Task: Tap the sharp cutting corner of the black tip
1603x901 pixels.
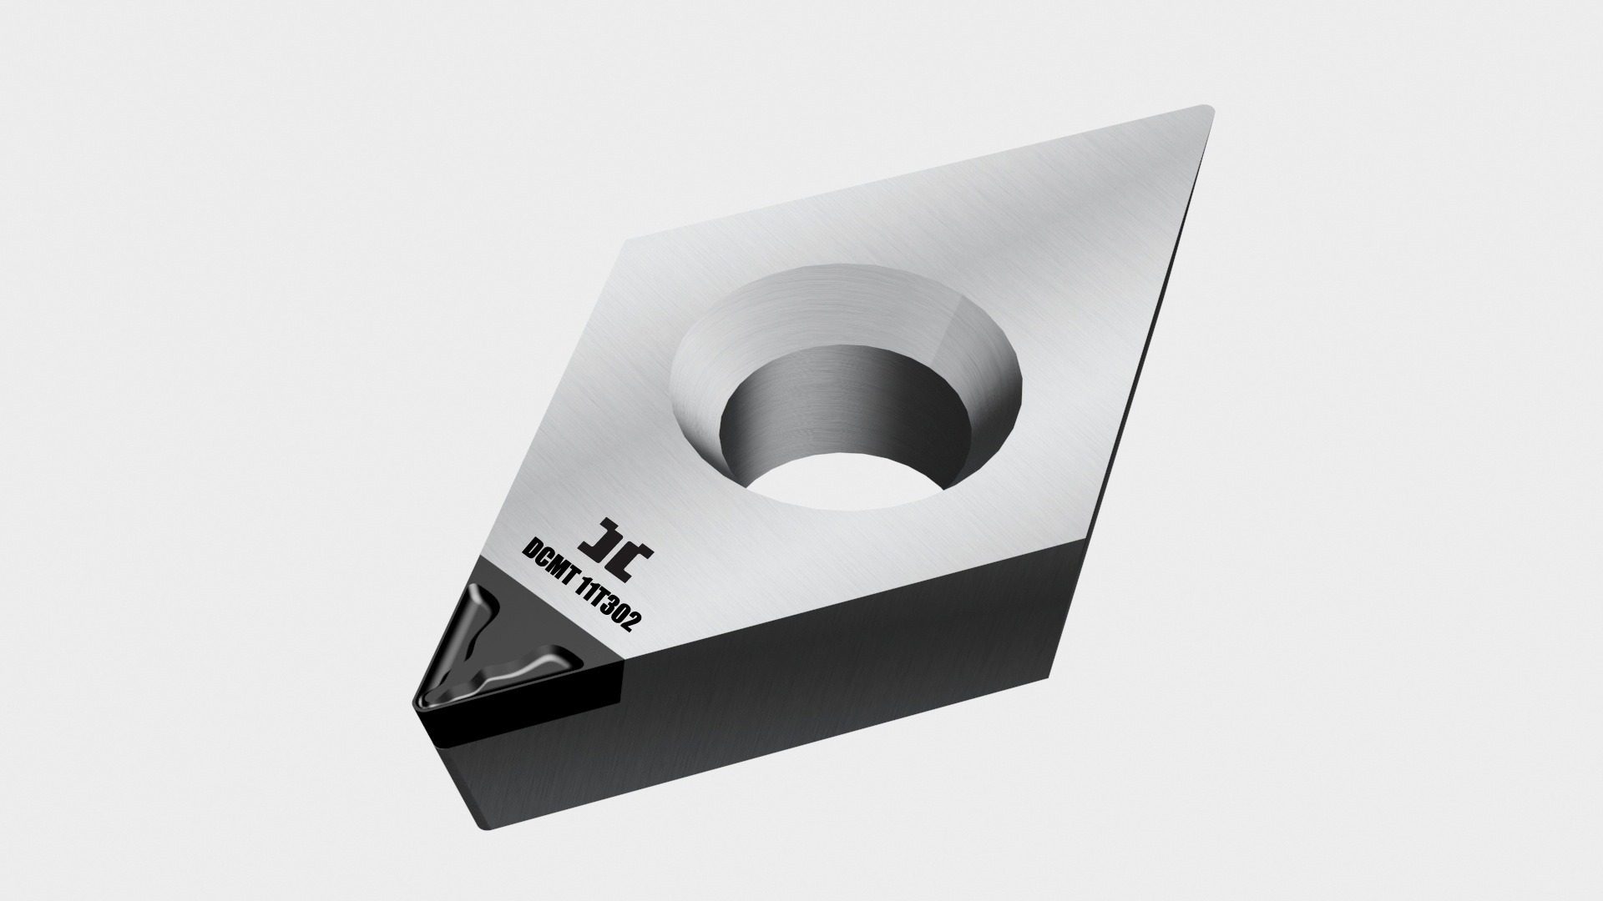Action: [x=415, y=706]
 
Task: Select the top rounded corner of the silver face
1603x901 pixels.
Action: [x=1202, y=109]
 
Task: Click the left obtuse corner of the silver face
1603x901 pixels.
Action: [x=628, y=243]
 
